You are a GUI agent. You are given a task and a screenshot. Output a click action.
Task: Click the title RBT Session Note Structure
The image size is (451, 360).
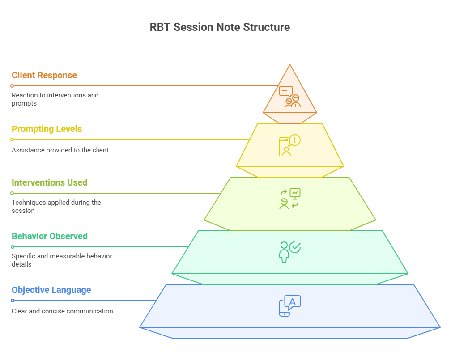click(220, 27)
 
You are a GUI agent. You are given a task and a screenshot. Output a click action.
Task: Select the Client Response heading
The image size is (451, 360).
click(44, 75)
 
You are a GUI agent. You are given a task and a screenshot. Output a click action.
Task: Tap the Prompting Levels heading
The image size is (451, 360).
click(47, 129)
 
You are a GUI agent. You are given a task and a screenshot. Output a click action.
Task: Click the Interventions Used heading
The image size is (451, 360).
click(50, 182)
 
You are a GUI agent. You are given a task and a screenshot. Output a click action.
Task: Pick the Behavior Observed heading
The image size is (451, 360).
click(50, 237)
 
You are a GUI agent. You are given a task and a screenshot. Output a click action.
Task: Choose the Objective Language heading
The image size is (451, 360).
click(51, 290)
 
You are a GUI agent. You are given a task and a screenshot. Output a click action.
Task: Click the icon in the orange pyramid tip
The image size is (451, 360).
click(290, 97)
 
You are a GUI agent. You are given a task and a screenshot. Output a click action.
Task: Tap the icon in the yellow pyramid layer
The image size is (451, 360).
click(290, 145)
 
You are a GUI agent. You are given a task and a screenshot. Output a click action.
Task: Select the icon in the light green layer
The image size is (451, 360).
click(290, 199)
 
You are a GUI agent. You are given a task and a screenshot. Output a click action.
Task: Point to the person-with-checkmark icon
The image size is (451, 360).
click(290, 252)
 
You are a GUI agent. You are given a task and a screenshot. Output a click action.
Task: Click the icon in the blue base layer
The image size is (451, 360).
click(290, 305)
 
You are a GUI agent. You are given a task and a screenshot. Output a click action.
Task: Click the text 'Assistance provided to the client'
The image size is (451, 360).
click(60, 150)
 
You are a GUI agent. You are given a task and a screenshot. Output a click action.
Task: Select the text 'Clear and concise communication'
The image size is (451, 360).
click(62, 311)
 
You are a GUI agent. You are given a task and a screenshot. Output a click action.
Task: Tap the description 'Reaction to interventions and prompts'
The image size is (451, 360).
click(55, 99)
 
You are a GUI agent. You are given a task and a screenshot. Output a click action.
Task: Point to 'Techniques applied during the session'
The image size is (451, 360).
click(56, 207)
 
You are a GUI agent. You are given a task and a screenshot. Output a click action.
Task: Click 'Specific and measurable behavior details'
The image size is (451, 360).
click(62, 260)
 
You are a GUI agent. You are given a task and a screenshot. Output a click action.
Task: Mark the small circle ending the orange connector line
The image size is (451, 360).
click(12, 86)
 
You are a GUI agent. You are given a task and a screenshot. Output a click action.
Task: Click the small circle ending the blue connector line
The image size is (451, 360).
click(13, 301)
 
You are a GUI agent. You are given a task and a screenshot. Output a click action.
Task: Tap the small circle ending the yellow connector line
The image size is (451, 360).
click(12, 140)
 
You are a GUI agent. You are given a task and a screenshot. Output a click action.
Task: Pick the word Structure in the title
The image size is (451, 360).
click(266, 27)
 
